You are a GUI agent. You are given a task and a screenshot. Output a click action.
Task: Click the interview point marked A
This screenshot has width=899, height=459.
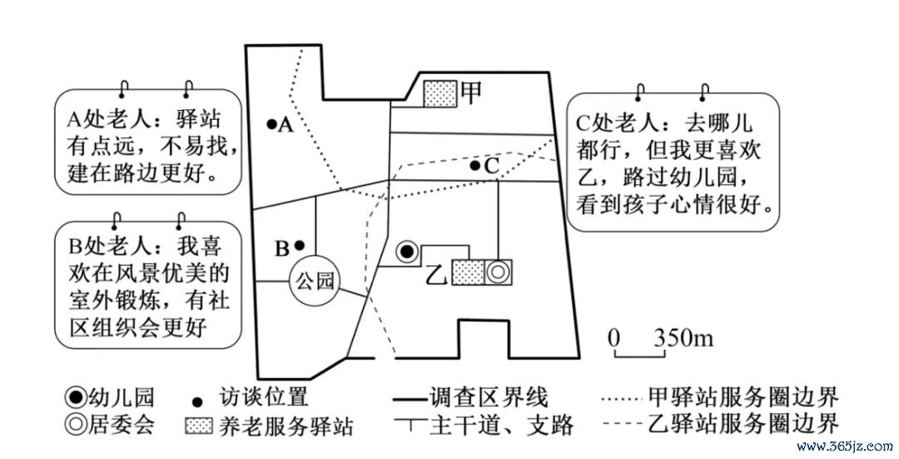coord(271,123)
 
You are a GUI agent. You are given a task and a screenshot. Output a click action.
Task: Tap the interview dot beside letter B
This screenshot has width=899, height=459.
coord(299,245)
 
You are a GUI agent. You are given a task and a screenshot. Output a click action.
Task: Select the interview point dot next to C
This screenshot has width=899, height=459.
coord(474,166)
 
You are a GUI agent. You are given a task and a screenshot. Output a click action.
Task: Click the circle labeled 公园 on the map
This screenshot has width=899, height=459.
coord(314,281)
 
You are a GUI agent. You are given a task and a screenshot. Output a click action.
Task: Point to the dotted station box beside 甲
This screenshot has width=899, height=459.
coord(440,93)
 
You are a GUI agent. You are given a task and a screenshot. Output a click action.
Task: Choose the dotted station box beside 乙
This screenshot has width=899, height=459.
coord(468,272)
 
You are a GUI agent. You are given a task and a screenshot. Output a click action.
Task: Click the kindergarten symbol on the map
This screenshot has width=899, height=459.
coord(407,252)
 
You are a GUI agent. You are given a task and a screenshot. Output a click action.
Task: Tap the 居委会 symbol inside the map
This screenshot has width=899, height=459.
coord(498,272)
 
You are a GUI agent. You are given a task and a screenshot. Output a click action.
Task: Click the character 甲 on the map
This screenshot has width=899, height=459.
coord(471,92)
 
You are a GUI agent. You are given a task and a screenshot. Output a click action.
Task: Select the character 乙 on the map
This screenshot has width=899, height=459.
coord(438,274)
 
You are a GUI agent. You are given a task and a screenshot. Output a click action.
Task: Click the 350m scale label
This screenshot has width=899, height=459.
coord(683,338)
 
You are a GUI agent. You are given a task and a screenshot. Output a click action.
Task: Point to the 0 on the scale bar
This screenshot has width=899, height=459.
coord(614,338)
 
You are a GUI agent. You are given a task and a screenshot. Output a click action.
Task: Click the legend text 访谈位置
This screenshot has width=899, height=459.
coord(264,397)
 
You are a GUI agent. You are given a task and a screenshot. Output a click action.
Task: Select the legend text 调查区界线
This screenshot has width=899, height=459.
coord(489,397)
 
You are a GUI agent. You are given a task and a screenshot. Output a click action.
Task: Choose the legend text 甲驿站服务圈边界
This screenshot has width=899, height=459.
coord(743,397)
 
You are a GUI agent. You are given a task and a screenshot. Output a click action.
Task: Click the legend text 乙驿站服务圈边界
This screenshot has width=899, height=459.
coord(743,425)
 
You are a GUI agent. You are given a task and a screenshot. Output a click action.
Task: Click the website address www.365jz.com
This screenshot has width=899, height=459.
coord(845,446)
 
